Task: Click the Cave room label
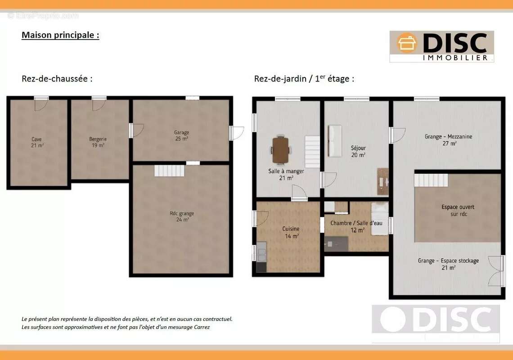(x=37, y=142)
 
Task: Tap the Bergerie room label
(x=98, y=142)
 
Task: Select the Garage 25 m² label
(x=182, y=135)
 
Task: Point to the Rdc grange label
(x=182, y=216)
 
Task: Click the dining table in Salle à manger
(x=280, y=150)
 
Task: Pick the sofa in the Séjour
(x=335, y=141)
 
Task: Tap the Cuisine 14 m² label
(x=291, y=232)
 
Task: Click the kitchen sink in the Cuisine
(x=261, y=252)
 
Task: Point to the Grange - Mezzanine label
(x=449, y=140)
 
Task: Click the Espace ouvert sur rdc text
(x=458, y=211)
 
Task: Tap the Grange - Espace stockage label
(x=448, y=264)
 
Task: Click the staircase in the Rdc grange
(x=169, y=171)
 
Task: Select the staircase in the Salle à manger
(x=312, y=152)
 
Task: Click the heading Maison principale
(x=61, y=35)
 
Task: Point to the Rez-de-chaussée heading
(x=57, y=79)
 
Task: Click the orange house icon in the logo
(x=407, y=43)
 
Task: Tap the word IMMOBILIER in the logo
(x=455, y=58)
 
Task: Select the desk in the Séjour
(x=382, y=182)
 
